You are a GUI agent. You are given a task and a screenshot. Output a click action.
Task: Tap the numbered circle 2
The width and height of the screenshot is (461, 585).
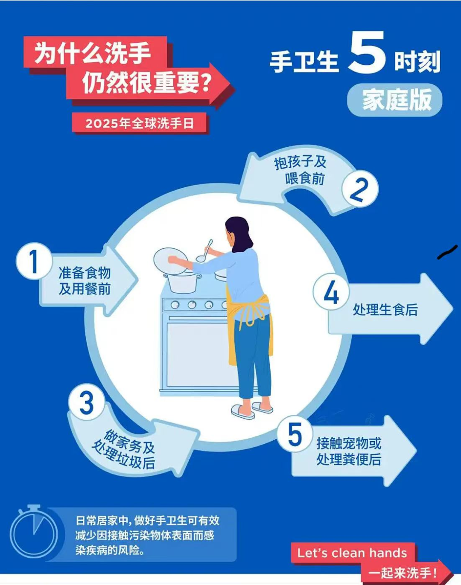click(x=360, y=189)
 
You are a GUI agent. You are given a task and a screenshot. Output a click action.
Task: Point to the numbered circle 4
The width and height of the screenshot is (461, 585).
click(x=331, y=293)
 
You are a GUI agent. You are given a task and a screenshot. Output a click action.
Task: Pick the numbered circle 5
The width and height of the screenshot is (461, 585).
click(x=295, y=434)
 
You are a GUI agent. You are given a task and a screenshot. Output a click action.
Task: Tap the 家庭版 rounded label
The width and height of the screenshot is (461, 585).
click(x=395, y=100)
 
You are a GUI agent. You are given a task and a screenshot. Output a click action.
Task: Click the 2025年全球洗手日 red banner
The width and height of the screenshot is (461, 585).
click(x=140, y=123)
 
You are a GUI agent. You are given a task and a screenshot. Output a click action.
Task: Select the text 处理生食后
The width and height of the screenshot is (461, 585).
click(x=385, y=310)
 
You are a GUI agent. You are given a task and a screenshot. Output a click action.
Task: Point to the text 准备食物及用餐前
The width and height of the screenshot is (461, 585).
click(x=85, y=281)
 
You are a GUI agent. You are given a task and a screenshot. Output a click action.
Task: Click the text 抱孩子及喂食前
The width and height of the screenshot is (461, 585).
click(x=301, y=170)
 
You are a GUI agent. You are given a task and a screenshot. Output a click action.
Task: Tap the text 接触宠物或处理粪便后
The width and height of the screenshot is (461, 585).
click(x=349, y=451)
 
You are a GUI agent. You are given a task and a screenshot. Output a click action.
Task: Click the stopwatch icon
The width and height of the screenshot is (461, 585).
click(x=34, y=532)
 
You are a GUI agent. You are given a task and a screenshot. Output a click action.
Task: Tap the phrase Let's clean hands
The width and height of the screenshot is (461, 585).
click(x=352, y=553)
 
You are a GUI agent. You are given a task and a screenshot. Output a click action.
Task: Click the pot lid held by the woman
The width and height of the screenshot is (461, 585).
click(x=170, y=260)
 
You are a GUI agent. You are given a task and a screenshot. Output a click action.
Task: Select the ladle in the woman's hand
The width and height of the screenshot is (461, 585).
click(x=204, y=253)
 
